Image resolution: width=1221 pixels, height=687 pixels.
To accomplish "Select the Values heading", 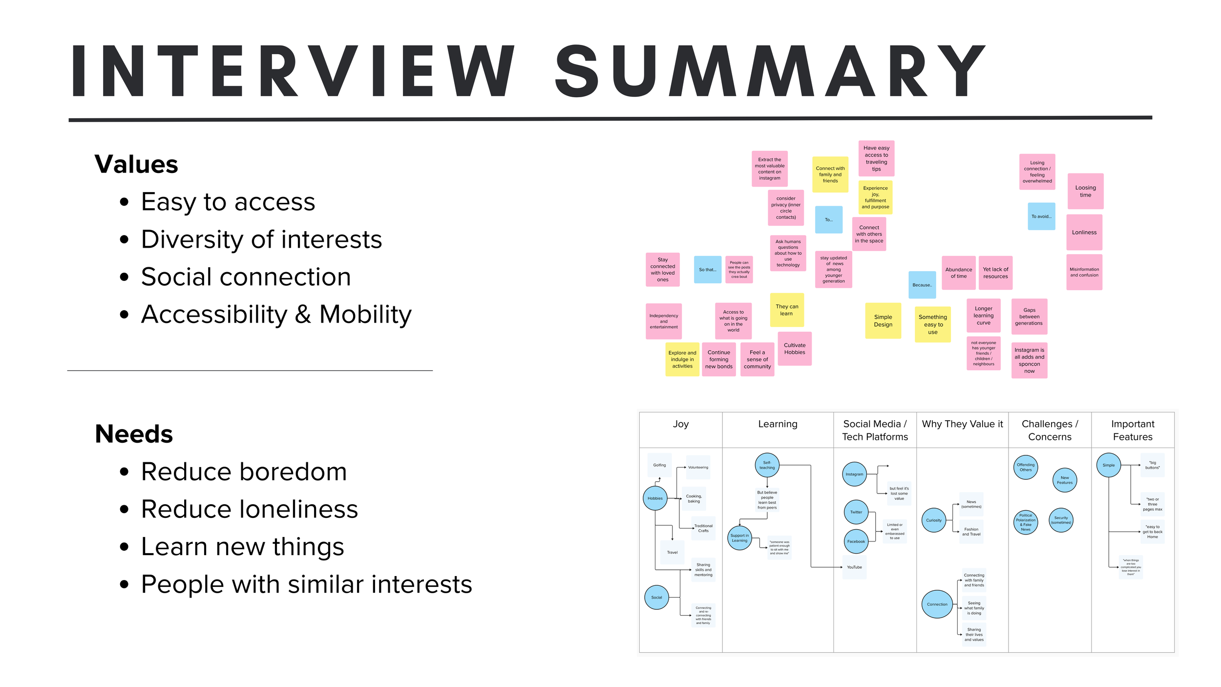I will point(136,164).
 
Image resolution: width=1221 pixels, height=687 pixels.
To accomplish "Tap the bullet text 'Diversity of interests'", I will point(261,239).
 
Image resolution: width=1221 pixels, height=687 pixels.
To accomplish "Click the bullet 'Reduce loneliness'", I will point(249,509).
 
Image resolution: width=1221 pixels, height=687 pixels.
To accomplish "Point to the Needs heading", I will point(134,434).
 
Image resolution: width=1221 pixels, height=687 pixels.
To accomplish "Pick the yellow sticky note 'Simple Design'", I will point(883,321).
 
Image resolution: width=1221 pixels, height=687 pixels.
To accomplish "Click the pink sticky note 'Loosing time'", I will point(1085,191).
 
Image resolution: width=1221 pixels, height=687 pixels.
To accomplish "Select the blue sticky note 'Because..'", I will point(922,285).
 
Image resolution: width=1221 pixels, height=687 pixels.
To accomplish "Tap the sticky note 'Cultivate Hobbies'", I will point(795,348).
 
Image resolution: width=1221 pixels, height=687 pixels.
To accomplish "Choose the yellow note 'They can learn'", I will point(787,310).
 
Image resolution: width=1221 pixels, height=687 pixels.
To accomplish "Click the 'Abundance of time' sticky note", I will point(959,273).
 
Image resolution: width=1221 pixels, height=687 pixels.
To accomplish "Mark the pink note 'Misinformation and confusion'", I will point(1084,272).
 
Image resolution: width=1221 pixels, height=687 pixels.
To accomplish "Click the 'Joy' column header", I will point(681,424).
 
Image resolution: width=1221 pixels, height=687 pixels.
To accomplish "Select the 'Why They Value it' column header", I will point(962,424).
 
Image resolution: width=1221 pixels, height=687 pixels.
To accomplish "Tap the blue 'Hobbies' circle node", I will point(655,498).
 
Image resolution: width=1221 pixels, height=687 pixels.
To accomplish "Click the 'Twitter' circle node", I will point(856,512).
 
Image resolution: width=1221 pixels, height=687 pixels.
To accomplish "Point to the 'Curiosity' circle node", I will point(934,520).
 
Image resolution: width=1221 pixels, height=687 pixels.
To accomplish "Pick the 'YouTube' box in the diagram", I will point(854,567).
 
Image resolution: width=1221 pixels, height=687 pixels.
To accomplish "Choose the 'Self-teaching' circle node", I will point(767,465).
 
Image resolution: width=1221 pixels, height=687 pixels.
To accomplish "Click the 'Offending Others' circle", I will point(1026,468).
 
